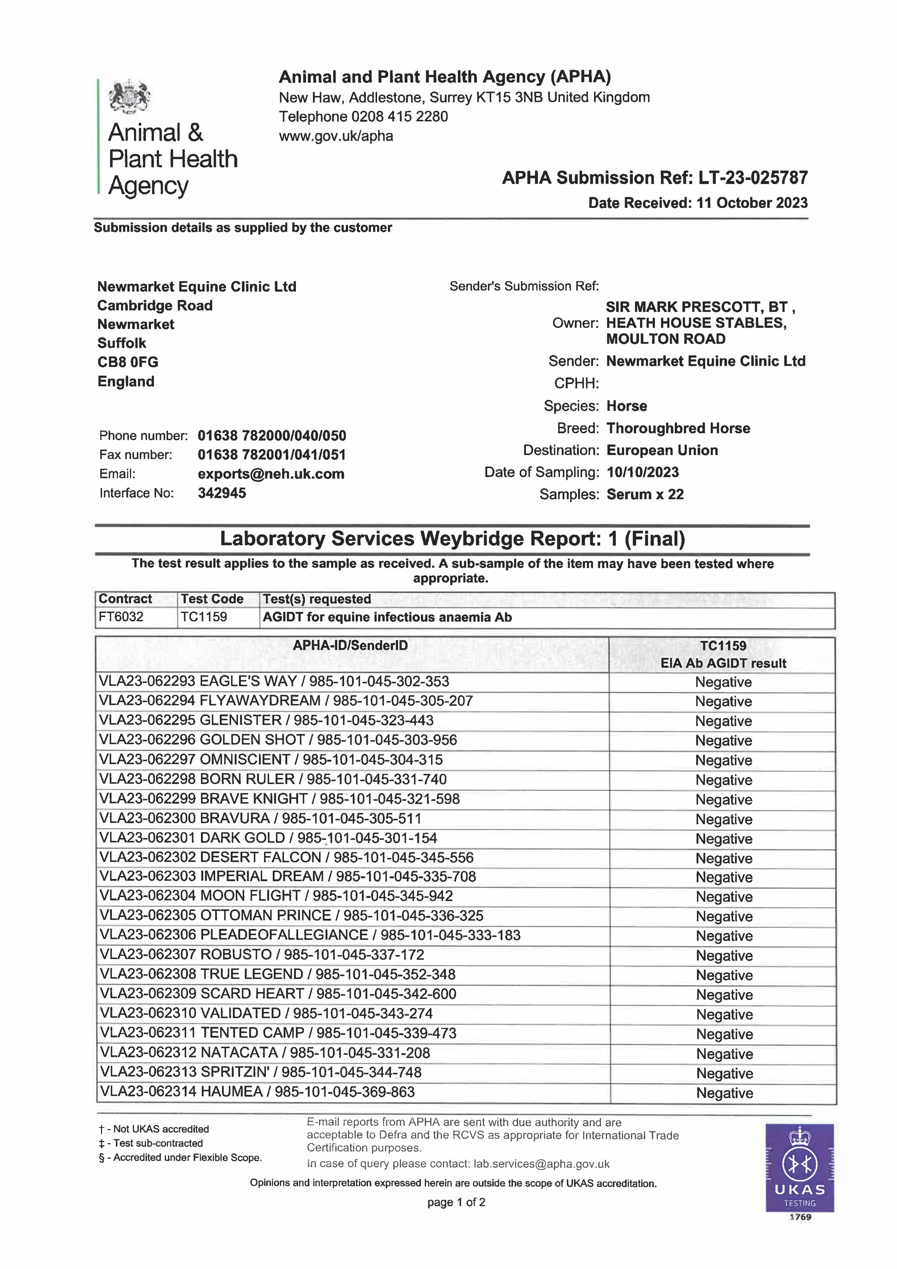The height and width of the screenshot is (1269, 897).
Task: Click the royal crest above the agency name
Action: (x=130, y=97)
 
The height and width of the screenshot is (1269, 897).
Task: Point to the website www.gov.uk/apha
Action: (x=336, y=136)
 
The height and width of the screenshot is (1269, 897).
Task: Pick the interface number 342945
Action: (x=222, y=493)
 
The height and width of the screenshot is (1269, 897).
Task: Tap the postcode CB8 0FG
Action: (x=128, y=362)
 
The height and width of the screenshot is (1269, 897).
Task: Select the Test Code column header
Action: (x=212, y=599)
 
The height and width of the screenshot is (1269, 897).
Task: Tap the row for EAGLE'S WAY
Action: (x=274, y=681)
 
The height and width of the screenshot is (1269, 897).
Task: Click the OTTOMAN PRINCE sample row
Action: (x=291, y=916)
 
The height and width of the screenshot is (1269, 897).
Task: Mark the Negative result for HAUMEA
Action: (x=724, y=1093)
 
